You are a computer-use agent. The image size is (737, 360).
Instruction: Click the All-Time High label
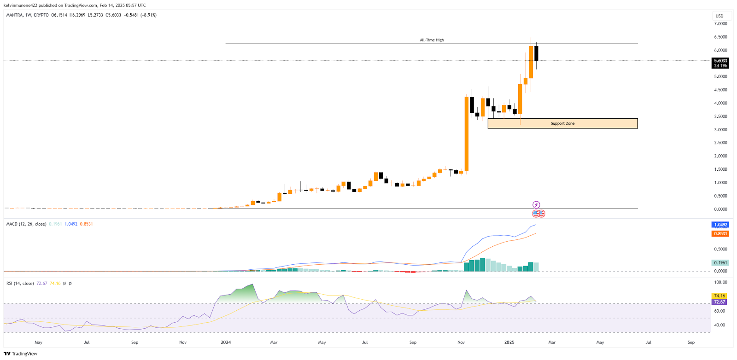pos(432,40)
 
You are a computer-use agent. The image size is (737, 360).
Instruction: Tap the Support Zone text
pos(562,123)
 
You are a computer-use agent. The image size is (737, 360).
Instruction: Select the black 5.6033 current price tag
pos(720,61)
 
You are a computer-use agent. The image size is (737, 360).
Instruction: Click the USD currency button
pos(719,16)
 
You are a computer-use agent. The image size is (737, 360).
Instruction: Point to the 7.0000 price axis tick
pos(720,23)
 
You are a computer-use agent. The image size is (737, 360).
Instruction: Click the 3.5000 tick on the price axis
pos(720,116)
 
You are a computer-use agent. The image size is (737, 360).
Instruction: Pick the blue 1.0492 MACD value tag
pos(720,225)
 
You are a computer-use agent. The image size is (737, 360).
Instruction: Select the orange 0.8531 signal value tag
pos(720,234)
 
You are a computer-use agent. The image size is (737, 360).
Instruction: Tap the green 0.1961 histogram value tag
pos(720,263)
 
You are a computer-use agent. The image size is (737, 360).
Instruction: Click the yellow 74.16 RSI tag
pos(719,296)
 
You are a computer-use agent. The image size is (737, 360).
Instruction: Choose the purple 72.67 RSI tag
pos(719,302)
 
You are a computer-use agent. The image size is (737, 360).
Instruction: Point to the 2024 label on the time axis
pos(226,343)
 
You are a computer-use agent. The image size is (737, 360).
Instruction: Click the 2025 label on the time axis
pos(509,343)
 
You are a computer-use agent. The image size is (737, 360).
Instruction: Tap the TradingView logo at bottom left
pos(20,354)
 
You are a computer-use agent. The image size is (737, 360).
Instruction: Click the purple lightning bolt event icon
pos(536,205)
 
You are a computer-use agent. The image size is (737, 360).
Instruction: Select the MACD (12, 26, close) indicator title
pos(26,224)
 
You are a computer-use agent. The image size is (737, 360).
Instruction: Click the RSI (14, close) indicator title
pos(20,284)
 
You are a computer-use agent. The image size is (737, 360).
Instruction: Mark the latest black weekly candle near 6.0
pos(536,53)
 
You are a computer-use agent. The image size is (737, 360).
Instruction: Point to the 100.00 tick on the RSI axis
pos(720,282)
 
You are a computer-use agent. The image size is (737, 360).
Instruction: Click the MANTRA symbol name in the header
pos(15,15)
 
